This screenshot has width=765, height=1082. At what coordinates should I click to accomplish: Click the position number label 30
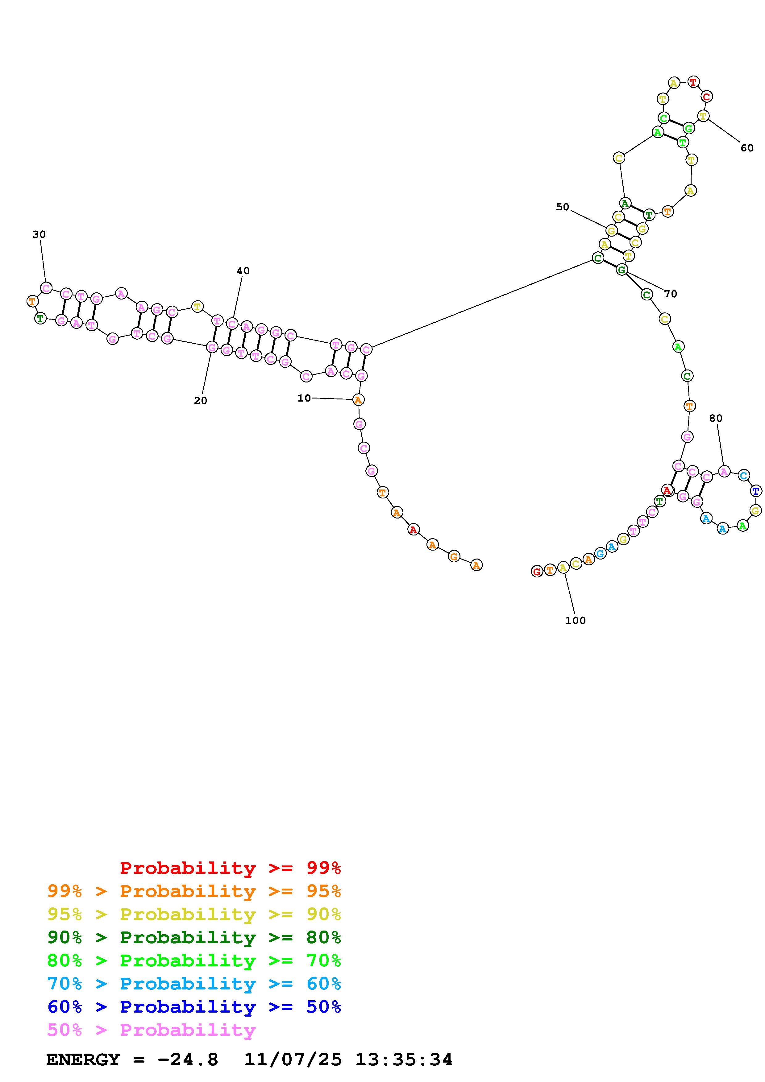pyautogui.click(x=39, y=234)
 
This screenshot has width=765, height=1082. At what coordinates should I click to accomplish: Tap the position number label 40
pyautogui.click(x=243, y=270)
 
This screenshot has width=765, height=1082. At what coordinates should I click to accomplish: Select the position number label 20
pyautogui.click(x=200, y=401)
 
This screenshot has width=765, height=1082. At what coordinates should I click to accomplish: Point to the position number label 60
pyautogui.click(x=747, y=148)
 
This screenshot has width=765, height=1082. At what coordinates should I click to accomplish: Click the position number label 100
pyautogui.click(x=576, y=621)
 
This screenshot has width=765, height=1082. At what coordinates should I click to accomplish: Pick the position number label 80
pyautogui.click(x=716, y=418)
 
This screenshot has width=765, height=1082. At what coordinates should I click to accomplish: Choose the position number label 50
pyautogui.click(x=562, y=207)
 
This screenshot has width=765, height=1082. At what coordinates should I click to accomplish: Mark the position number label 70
pyautogui.click(x=670, y=294)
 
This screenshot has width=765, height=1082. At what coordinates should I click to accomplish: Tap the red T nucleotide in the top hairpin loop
pyautogui.click(x=692, y=82)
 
